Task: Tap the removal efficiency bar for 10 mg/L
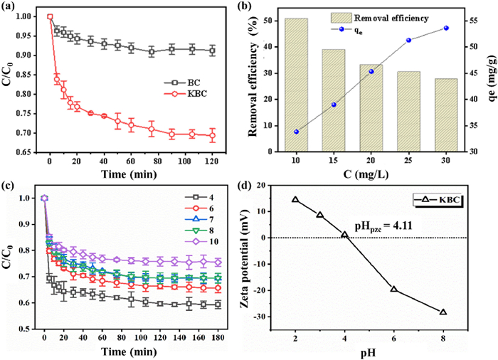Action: [296, 85]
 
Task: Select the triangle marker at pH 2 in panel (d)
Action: [295, 200]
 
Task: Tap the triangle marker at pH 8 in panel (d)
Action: [443, 312]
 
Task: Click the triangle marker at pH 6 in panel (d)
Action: [393, 289]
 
